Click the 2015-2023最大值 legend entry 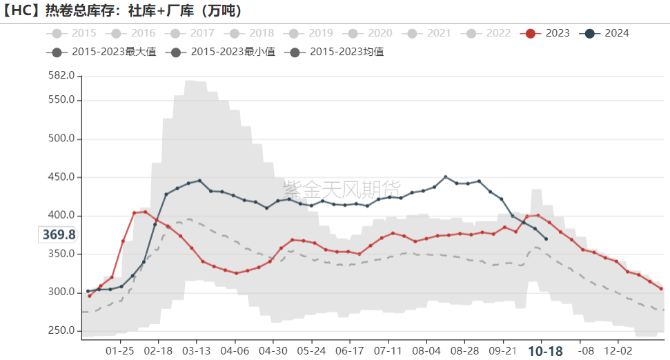[x=104, y=52]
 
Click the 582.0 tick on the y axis [x=60, y=75]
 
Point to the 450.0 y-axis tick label [x=60, y=177]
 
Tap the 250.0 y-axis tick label [x=60, y=330]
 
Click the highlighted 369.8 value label [x=59, y=235]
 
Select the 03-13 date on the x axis [x=196, y=350]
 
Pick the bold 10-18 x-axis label [x=545, y=350]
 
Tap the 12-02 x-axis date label [x=617, y=350]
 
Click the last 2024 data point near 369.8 [x=546, y=239]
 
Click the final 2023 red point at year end [x=661, y=288]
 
